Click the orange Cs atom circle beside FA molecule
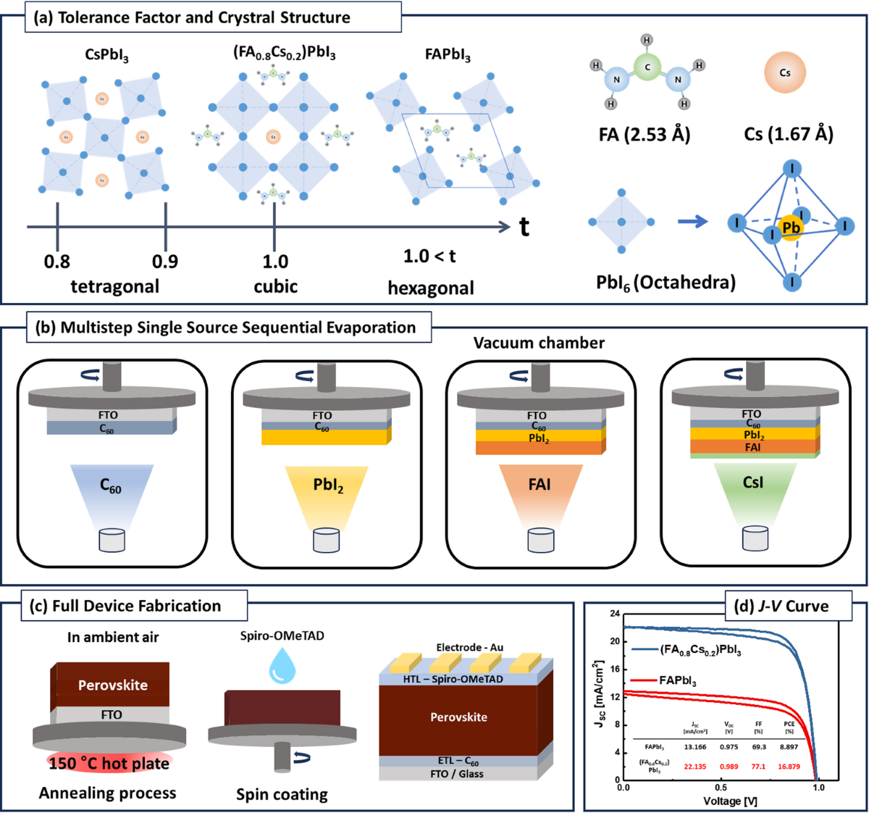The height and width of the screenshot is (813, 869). [x=785, y=72]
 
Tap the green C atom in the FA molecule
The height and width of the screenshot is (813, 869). [x=647, y=67]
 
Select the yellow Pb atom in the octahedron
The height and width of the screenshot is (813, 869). [x=791, y=228]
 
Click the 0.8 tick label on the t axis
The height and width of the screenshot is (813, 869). [x=57, y=261]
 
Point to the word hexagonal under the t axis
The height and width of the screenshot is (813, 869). [x=431, y=288]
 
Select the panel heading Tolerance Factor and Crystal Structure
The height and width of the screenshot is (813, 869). [x=204, y=17]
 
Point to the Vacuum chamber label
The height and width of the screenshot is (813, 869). [x=539, y=343]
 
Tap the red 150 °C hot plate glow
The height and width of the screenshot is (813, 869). [x=109, y=762]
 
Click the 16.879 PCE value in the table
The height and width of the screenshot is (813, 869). [x=789, y=766]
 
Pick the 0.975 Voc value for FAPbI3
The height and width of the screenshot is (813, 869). [x=729, y=746]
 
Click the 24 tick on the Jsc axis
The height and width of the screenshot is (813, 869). [x=615, y=614]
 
